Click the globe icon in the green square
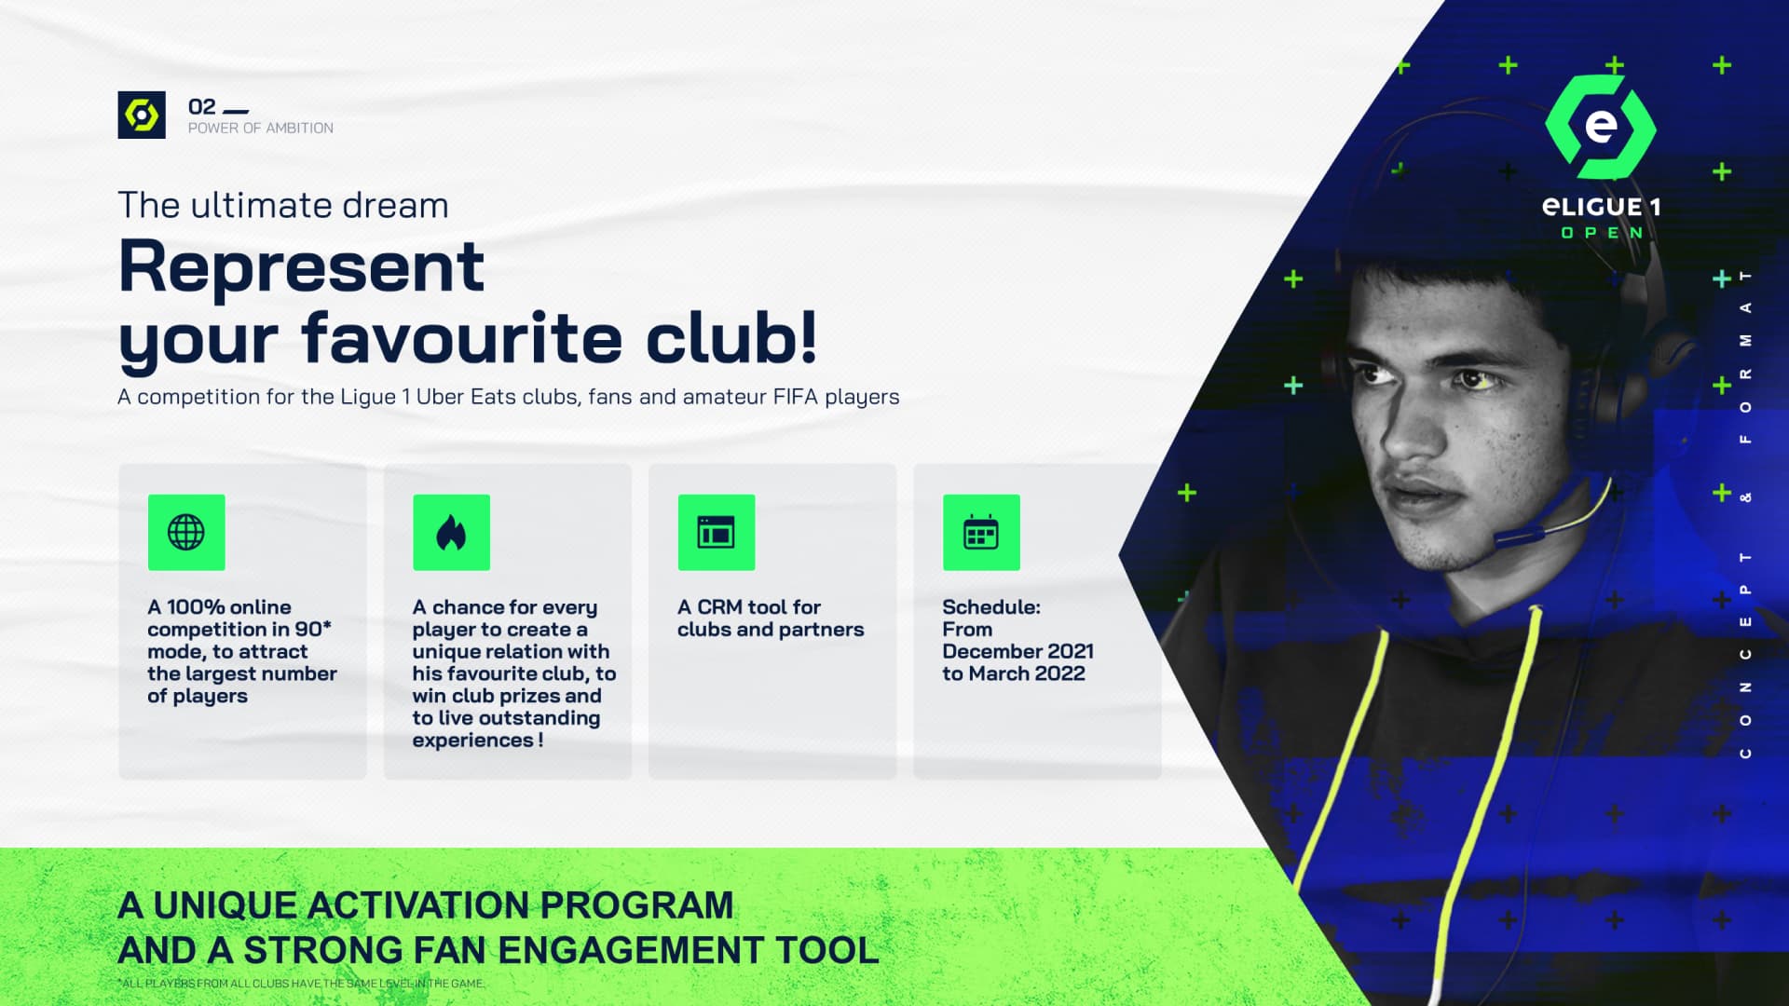[185, 532]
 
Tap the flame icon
[451, 532]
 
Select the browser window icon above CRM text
[716, 532]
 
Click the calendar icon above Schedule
[980, 532]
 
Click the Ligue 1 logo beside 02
[142, 115]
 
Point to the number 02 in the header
[201, 106]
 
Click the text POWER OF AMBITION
[260, 129]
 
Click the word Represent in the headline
[301, 267]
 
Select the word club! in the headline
[731, 336]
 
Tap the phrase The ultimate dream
[283, 205]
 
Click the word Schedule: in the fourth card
[990, 607]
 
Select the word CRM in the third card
[719, 607]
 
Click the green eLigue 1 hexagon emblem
[1600, 127]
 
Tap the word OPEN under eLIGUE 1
[1602, 233]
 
